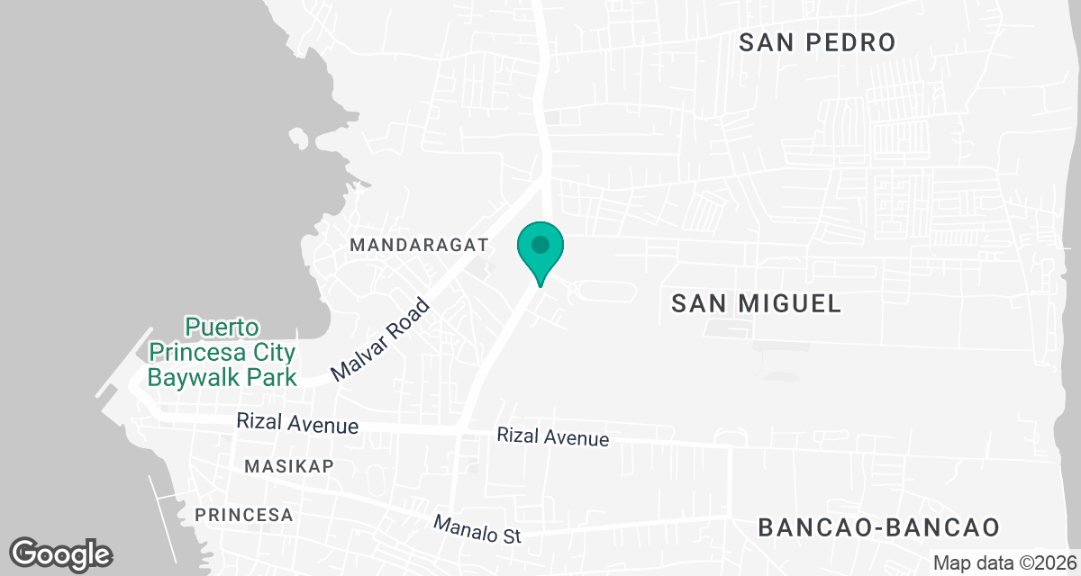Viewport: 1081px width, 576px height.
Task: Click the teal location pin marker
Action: point(540,252)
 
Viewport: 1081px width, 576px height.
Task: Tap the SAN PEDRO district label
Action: point(817,42)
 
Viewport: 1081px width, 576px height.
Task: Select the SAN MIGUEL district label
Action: point(757,303)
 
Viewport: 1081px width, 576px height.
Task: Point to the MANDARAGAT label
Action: point(419,245)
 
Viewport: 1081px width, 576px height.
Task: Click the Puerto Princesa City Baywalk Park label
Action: point(223,351)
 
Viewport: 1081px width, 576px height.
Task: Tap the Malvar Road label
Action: point(381,342)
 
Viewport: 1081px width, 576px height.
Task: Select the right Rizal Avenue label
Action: point(553,437)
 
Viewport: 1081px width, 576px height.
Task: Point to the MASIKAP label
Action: point(289,465)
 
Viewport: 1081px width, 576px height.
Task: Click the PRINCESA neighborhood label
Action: point(244,515)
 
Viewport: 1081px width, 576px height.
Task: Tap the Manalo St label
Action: point(477,529)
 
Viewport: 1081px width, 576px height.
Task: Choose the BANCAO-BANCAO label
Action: point(879,526)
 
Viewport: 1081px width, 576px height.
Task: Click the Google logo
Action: point(61,553)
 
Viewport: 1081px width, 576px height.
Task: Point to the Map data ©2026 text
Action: point(1004,562)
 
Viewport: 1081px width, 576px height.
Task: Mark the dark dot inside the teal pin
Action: point(540,244)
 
